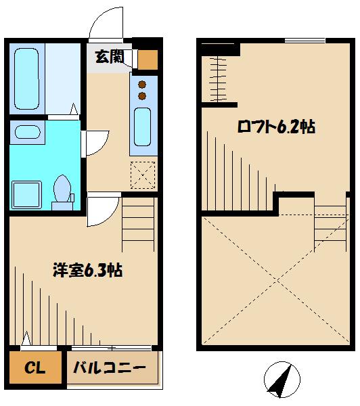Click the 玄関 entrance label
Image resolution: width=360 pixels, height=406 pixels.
(x=108, y=58)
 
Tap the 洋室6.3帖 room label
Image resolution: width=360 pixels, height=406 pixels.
(x=87, y=271)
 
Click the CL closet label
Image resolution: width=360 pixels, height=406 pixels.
(x=35, y=368)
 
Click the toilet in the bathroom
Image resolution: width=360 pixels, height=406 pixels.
(x=64, y=189)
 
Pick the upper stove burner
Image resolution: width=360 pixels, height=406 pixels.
(x=142, y=84)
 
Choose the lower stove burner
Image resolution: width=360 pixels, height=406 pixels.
(x=142, y=96)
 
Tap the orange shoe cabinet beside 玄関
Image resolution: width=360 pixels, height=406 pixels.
(x=147, y=59)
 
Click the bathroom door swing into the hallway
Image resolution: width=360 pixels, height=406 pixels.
(x=95, y=142)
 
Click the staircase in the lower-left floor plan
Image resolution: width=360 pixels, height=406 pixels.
(x=139, y=223)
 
